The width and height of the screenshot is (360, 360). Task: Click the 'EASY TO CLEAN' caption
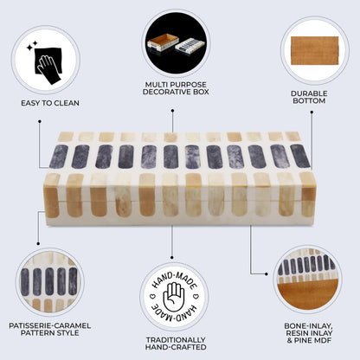tap(49, 103)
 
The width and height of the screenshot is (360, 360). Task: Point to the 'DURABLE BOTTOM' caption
tap(308, 97)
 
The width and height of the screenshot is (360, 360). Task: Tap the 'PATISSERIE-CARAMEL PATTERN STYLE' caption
tap(50, 331)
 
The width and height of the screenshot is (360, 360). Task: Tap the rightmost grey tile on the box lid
tap(299, 156)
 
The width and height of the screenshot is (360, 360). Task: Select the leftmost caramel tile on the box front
tap(52, 196)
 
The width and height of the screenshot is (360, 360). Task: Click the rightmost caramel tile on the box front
tap(306, 195)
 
